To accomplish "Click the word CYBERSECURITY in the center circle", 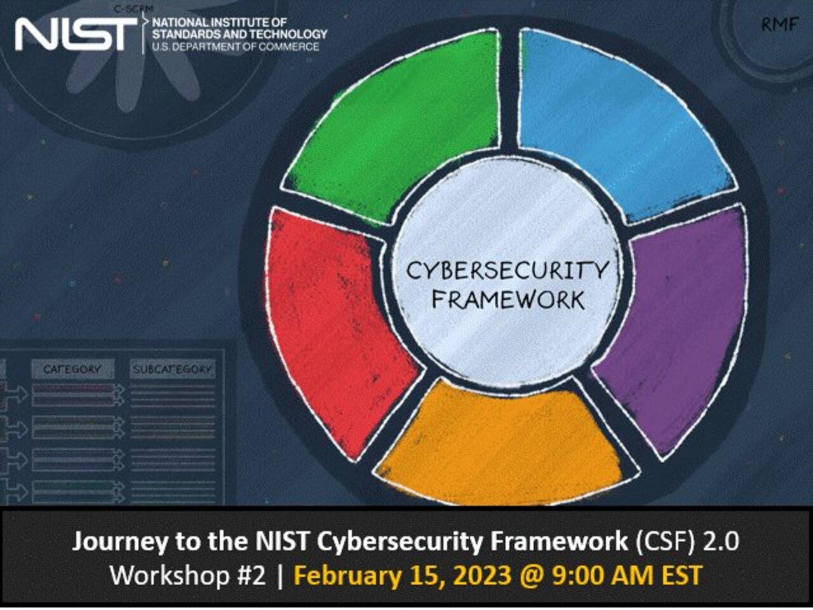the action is (x=507, y=271).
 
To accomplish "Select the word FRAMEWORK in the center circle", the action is (x=507, y=300).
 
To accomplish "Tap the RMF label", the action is (x=780, y=25).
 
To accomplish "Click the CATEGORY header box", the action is (x=72, y=369).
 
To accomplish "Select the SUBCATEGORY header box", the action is (x=172, y=369).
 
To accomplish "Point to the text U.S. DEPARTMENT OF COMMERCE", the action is (x=236, y=47).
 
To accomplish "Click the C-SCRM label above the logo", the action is (x=134, y=10).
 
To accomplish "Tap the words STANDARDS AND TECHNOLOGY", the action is (x=239, y=34).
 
